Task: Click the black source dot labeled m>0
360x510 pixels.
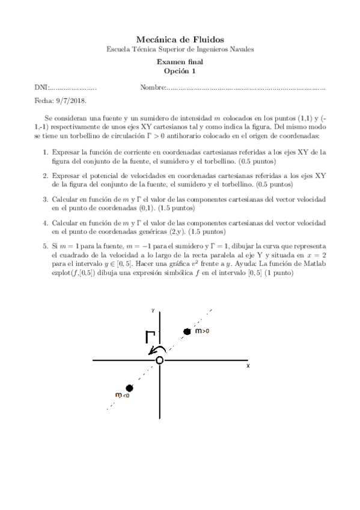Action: tap(187, 331)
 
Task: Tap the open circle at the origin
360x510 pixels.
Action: tap(159, 360)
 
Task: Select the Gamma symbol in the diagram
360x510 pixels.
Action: tap(149, 337)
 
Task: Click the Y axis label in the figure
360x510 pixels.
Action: tap(154, 310)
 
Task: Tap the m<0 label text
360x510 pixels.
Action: tap(122, 395)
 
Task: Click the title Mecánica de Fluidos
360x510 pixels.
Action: tap(180, 39)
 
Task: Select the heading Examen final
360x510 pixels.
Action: tap(180, 61)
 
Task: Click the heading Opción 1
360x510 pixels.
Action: tap(180, 71)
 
